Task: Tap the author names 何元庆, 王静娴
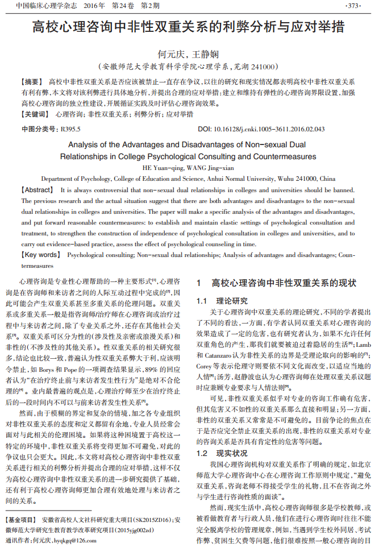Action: [188, 55]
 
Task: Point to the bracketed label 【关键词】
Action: [35, 114]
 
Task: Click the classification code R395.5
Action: [70, 129]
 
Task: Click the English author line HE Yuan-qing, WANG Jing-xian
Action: [188, 168]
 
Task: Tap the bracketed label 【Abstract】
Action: [37, 189]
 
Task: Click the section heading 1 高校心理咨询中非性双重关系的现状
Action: [276, 283]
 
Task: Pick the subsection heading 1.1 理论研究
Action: [222, 300]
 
